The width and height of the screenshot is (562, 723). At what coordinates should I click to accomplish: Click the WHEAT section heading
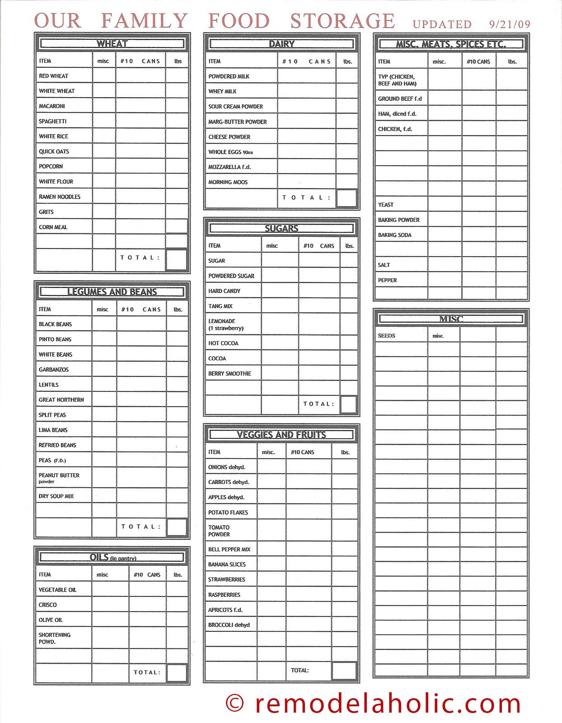tap(112, 44)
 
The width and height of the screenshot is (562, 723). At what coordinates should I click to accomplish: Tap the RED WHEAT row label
tap(53, 76)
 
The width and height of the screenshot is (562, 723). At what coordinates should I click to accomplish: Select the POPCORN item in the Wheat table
tap(51, 166)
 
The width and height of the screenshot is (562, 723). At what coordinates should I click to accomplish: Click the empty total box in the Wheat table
tap(177, 259)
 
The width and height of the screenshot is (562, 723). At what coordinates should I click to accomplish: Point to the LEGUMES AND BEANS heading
tap(112, 292)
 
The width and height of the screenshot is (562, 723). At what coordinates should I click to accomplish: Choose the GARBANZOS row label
tap(54, 370)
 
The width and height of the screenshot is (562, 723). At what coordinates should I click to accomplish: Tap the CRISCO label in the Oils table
tap(47, 605)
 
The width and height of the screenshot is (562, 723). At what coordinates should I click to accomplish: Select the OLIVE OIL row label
tap(51, 620)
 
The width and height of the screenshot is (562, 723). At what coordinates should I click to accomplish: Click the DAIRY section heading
tap(281, 44)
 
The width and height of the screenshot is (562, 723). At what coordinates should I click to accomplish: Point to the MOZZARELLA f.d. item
tap(229, 167)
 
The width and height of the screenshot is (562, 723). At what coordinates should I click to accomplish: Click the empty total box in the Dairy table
tap(347, 198)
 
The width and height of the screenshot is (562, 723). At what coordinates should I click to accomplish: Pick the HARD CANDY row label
tap(224, 291)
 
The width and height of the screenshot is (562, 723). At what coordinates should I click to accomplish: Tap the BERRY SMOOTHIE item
tap(229, 374)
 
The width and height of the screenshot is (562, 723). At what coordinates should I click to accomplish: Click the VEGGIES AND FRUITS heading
tap(281, 435)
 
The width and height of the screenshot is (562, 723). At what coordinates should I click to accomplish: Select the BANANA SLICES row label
tap(227, 564)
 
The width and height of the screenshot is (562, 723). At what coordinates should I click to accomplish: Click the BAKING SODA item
tap(394, 235)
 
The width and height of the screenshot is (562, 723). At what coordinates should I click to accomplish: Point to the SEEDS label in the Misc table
tap(386, 336)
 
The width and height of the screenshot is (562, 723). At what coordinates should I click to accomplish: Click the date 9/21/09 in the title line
tap(510, 24)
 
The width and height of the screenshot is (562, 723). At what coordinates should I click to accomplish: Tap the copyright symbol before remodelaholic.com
tap(234, 703)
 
